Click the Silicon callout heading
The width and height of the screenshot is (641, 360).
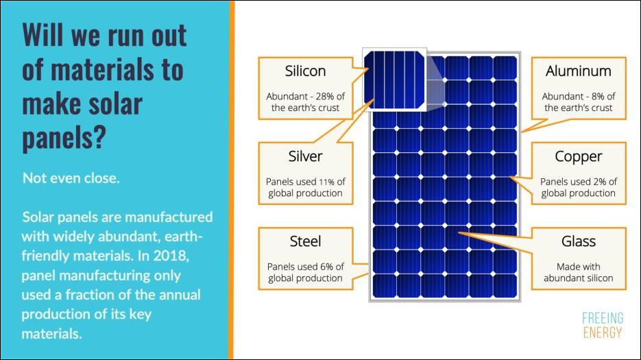pyautogui.click(x=305, y=71)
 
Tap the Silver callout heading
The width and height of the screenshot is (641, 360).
pyautogui.click(x=305, y=156)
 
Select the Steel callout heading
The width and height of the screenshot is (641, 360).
pyautogui.click(x=305, y=241)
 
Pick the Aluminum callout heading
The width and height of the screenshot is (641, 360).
pyautogui.click(x=578, y=71)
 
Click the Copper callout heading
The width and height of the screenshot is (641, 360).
pyautogui.click(x=578, y=156)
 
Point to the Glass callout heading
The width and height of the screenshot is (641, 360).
pyautogui.click(x=578, y=241)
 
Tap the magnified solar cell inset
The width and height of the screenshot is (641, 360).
pyautogui.click(x=396, y=79)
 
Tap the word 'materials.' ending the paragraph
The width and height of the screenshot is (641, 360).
pyautogui.click(x=51, y=334)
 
